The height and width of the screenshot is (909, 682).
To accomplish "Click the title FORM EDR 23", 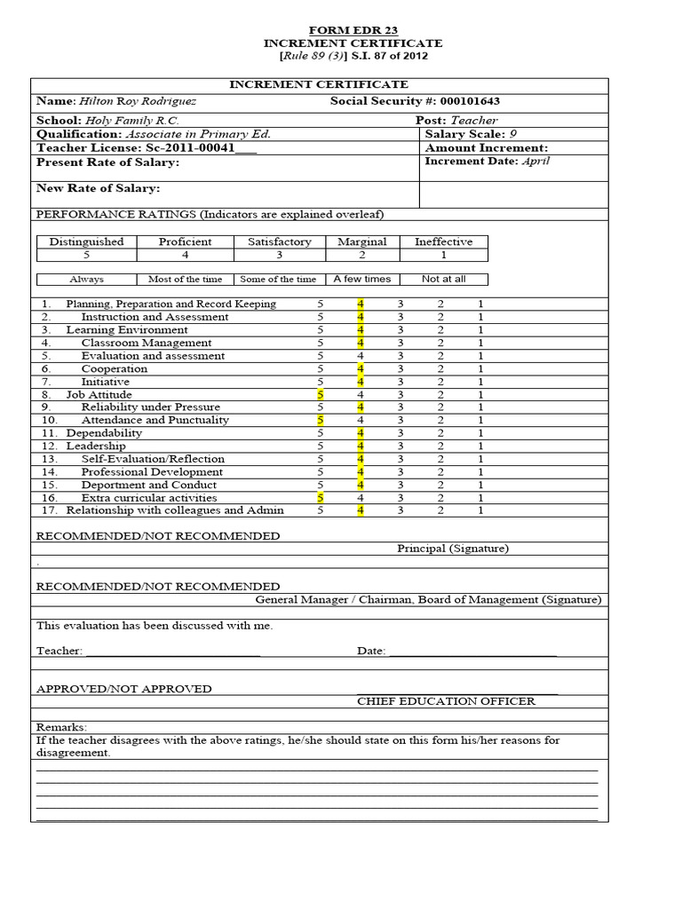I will coord(353,29).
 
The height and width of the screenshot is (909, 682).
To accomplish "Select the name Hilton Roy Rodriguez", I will coord(138,101).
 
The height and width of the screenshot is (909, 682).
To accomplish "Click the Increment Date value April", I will coord(536,162).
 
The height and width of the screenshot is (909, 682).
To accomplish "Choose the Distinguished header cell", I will coord(86,241).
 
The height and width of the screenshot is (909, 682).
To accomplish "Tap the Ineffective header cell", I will coord(443,241).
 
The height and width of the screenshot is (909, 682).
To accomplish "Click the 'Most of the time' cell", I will coord(185,279).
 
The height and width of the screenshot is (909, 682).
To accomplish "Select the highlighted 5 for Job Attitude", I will coord(321,394).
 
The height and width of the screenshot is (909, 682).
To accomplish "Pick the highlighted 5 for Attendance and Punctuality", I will coord(321,420).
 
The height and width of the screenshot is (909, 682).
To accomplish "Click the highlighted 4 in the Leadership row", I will coord(361,446).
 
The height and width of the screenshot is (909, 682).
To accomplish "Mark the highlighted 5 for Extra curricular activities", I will coord(321,498).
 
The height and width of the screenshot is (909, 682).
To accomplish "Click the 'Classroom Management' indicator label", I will coord(146,343).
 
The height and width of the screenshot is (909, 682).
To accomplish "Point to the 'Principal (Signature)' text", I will coord(452,549).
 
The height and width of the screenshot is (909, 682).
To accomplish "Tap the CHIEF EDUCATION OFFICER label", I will coord(446,701).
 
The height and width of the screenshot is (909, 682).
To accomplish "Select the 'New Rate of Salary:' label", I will coord(98,188).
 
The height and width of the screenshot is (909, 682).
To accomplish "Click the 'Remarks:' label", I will coord(61,726).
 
